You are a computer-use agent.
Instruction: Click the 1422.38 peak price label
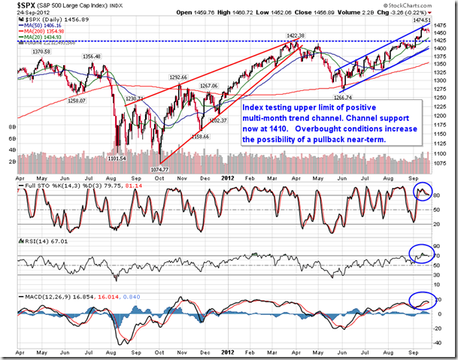click(297, 36)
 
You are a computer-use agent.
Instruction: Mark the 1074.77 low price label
click(162, 171)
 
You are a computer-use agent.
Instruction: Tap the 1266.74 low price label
click(344, 97)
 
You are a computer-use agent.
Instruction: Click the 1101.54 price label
click(117, 158)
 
